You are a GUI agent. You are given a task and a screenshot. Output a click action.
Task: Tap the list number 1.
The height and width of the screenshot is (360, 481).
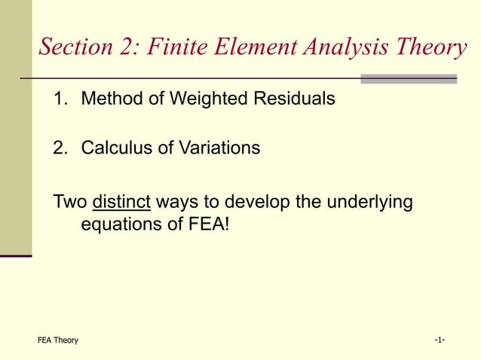[58, 99]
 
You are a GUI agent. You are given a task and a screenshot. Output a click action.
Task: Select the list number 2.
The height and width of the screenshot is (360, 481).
[58, 148]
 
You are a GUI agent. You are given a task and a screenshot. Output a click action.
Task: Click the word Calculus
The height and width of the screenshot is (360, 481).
[114, 148]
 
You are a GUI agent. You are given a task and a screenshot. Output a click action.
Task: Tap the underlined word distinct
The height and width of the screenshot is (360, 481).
[121, 203]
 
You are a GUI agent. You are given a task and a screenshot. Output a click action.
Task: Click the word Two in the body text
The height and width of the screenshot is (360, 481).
[70, 203]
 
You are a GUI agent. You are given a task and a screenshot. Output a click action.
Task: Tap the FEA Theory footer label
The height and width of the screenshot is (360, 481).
[58, 340]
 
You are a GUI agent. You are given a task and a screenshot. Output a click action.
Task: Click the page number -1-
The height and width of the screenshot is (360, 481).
[440, 340]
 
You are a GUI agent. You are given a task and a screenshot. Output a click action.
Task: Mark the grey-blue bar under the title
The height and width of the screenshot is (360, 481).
[409, 78]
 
